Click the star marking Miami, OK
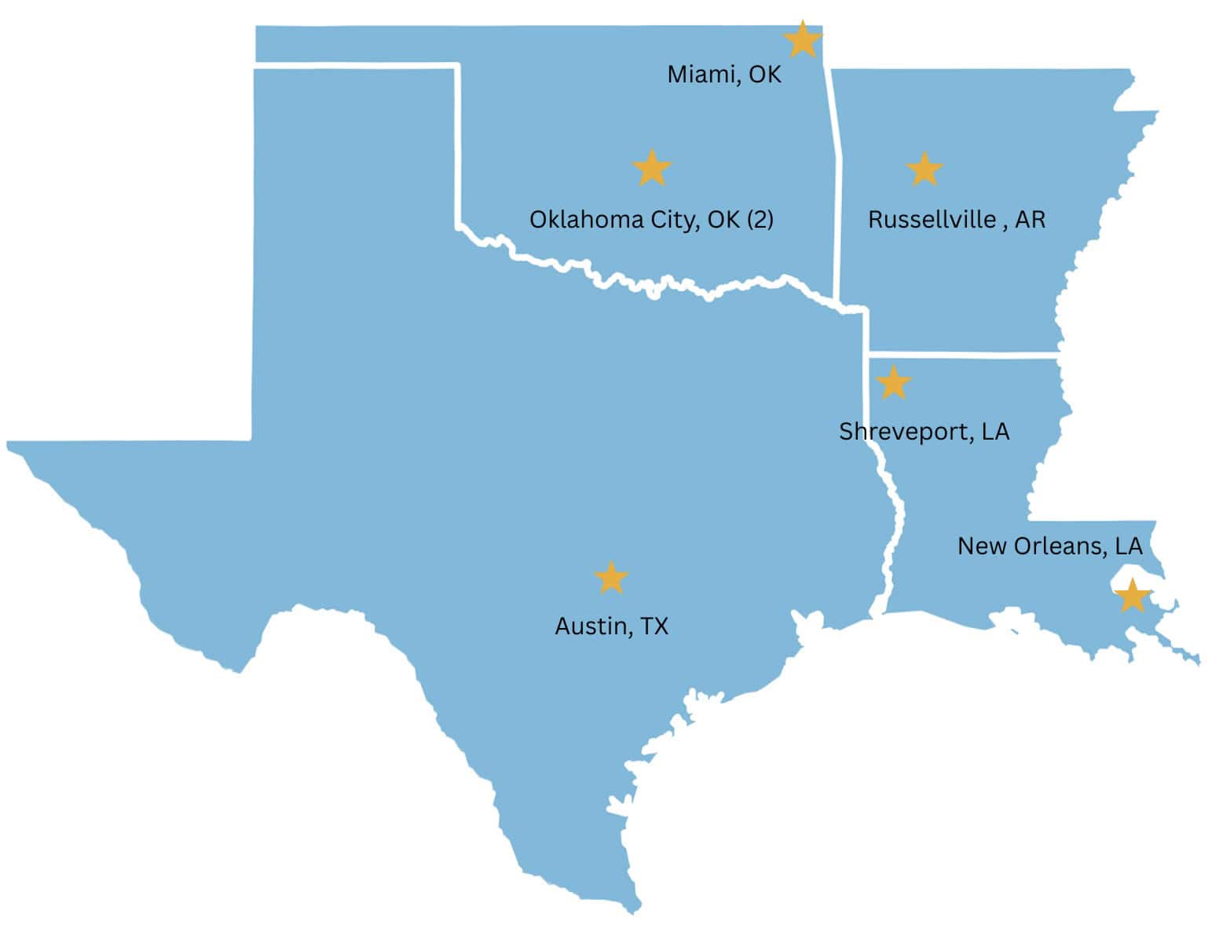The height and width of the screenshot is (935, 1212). [x=802, y=39]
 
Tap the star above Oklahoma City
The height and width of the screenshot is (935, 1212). [x=652, y=168]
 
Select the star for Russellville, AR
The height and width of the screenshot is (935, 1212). [x=925, y=170]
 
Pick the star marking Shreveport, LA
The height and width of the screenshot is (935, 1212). [x=893, y=383]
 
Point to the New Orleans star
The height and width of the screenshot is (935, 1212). [x=1132, y=596]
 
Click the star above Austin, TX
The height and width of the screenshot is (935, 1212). [x=611, y=578]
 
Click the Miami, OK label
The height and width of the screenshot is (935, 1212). [x=724, y=75]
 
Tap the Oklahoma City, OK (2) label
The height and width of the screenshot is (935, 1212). [x=651, y=219]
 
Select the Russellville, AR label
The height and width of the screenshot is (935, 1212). [x=957, y=219]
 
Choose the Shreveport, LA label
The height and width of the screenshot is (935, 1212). [x=924, y=431]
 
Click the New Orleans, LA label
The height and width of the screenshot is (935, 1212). [x=1049, y=546]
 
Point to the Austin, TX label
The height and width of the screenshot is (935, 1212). [x=611, y=626]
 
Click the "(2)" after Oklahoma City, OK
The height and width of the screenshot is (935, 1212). [x=759, y=219]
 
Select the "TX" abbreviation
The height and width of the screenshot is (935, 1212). [x=654, y=626]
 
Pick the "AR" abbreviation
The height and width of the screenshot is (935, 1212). [x=1031, y=219]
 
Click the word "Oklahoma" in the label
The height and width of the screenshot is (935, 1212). [x=586, y=219]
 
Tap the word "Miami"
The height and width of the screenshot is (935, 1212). [x=702, y=75]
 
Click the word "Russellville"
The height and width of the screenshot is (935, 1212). [x=932, y=219]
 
